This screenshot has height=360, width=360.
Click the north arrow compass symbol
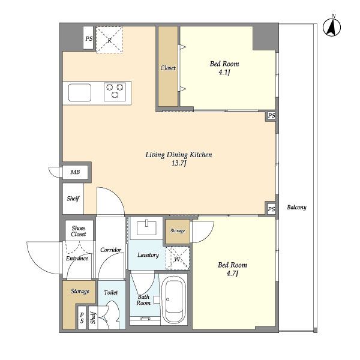tap(332, 27)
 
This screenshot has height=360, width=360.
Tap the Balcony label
tap(296, 208)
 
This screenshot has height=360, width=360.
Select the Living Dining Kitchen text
tap(179, 155)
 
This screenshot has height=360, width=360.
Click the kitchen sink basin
tap(80, 92)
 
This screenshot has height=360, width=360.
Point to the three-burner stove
tap(115, 92)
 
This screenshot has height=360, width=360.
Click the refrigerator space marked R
tap(109, 40)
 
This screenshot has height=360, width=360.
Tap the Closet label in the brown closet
tap(168, 68)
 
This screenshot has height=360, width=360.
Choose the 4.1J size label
tap(224, 73)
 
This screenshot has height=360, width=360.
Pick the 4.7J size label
tap(232, 274)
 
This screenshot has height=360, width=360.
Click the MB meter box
tap(76, 172)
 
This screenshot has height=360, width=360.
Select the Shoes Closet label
tap(79, 231)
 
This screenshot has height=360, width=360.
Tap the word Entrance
tap(77, 259)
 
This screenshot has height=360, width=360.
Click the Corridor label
tap(110, 250)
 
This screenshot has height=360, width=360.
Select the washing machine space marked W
tap(178, 258)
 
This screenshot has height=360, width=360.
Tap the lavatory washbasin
tap(146, 228)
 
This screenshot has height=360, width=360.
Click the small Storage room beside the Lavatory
tap(178, 232)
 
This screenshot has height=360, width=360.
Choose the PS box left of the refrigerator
tap(88, 38)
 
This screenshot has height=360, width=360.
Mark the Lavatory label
tap(148, 255)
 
